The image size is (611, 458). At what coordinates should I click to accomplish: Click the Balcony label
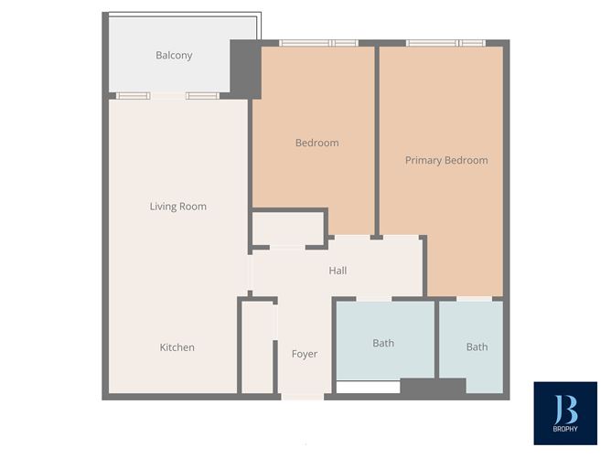pyautogui.click(x=174, y=56)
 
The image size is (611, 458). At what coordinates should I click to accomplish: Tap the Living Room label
pyautogui.click(x=178, y=207)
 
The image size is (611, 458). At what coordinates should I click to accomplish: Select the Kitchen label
pyautogui.click(x=177, y=347)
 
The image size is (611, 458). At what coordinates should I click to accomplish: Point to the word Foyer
pyautogui.click(x=305, y=354)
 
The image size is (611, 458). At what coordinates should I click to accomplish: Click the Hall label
pyautogui.click(x=338, y=271)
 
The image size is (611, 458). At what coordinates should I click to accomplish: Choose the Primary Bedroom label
pyautogui.click(x=446, y=161)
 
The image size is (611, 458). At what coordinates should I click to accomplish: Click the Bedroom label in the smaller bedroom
pyautogui.click(x=316, y=143)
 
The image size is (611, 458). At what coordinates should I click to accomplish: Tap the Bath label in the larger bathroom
pyautogui.click(x=383, y=344)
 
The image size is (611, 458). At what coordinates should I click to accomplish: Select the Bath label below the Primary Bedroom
pyautogui.click(x=477, y=347)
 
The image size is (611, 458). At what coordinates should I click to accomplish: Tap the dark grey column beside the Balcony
pyautogui.click(x=245, y=69)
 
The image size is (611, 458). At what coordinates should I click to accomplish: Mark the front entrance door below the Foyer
pyautogui.click(x=303, y=397)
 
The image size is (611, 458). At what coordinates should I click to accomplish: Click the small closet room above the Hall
pyautogui.click(x=288, y=228)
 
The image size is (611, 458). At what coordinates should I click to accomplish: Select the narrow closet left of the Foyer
pyautogui.click(x=258, y=347)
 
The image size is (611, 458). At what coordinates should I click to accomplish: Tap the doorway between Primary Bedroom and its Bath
pyautogui.click(x=475, y=298)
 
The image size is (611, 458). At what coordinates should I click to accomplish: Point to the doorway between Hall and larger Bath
pyautogui.click(x=373, y=298)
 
